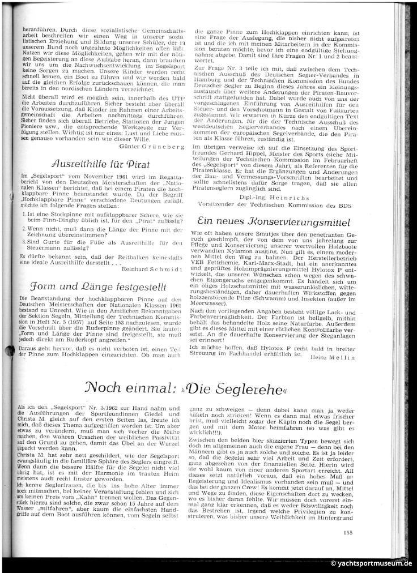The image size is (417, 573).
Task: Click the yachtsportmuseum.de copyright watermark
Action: coord(371,563)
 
